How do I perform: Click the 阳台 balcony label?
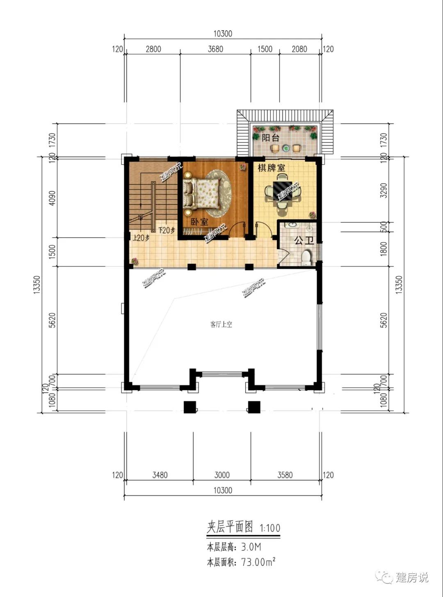coord(271,138)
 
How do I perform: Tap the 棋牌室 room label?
coord(272,168)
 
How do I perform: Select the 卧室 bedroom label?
coord(199,222)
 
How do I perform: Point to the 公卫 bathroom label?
coord(304,240)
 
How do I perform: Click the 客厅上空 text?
coord(221,324)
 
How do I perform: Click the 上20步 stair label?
coord(142,238)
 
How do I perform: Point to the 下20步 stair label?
coord(167,230)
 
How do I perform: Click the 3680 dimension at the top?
coord(215,49)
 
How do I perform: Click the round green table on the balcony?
coord(285,147)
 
